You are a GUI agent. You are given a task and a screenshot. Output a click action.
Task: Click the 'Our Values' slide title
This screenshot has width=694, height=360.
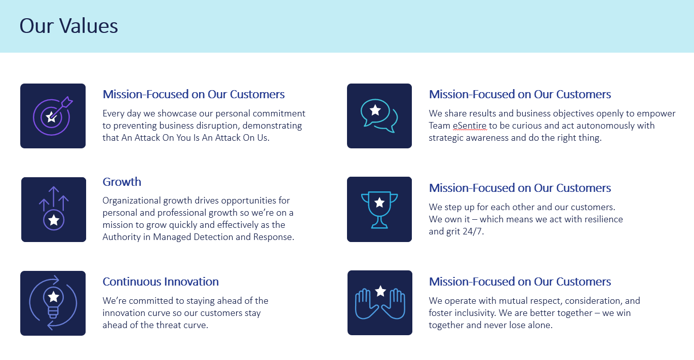pyautogui.click(x=68, y=26)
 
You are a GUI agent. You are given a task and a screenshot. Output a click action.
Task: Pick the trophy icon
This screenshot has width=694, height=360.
pyautogui.click(x=379, y=209)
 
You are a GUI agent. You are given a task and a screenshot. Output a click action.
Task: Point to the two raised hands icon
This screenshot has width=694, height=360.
pyautogui.click(x=380, y=303)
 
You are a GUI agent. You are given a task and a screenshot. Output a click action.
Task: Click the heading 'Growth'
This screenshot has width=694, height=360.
pyautogui.click(x=122, y=182)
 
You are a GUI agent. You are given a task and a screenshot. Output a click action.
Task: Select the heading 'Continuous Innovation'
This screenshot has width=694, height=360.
pyautogui.click(x=161, y=282)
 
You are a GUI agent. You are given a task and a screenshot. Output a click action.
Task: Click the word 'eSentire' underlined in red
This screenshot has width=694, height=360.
pyautogui.click(x=470, y=126)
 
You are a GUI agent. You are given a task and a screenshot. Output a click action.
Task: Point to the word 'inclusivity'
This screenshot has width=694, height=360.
pyautogui.click(x=475, y=313)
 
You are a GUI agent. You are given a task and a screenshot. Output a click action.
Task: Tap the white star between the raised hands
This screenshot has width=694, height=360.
pyautogui.click(x=380, y=291)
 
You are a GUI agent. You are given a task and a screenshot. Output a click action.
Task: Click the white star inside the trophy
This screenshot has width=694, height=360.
pyautogui.click(x=379, y=203)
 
